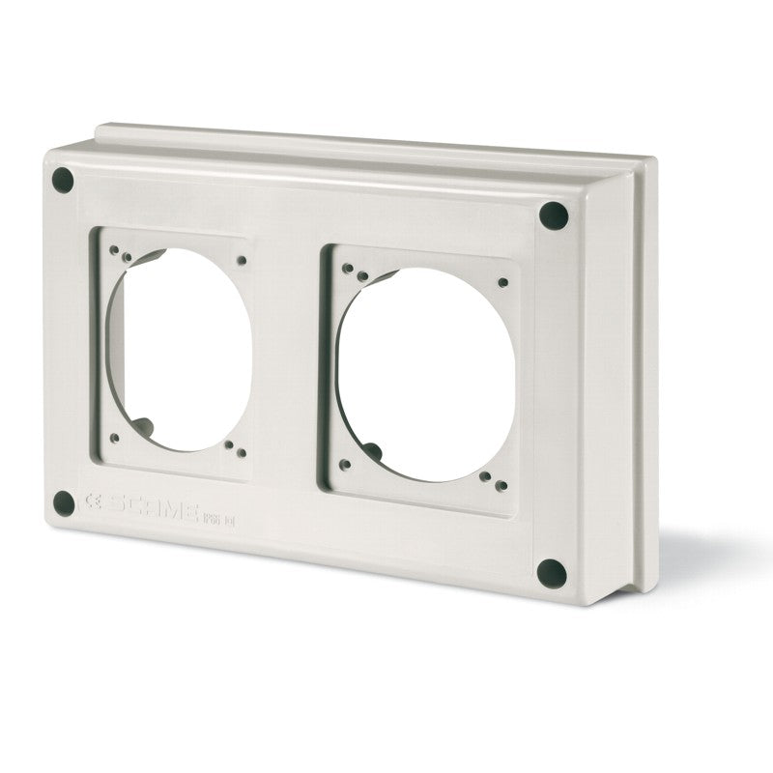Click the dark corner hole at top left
pos(63,180)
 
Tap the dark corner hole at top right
pos(553,215)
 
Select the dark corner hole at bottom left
pos(64,502)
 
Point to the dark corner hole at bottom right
pos(551,573)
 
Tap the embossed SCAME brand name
pos(155,508)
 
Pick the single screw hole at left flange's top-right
pos(241,260)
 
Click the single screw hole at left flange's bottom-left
pos(114,438)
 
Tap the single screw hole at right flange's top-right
pos(503,283)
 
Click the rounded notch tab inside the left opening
pos(143,423)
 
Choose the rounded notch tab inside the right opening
pos(373,451)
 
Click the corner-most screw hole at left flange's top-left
pos(113,249)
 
